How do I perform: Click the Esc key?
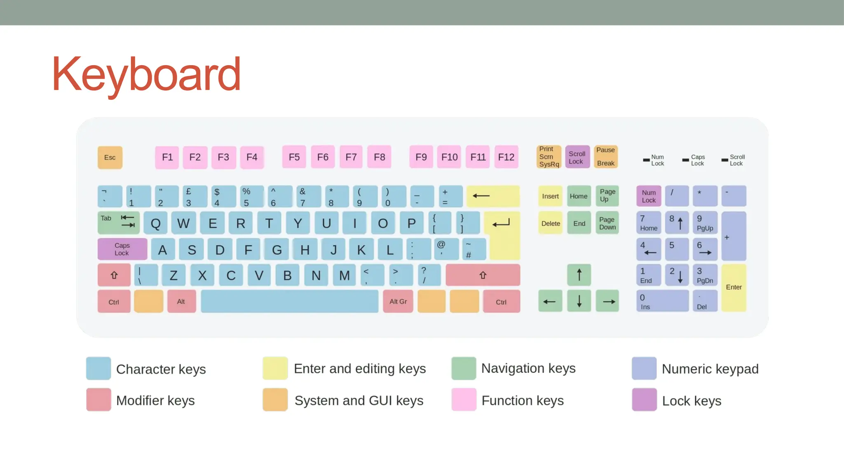[110, 158]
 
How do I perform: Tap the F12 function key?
[506, 157]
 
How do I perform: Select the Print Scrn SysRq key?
[549, 157]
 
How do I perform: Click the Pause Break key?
[605, 157]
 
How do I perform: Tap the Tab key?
[119, 223]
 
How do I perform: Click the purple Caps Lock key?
[122, 249]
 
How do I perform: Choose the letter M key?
[345, 275]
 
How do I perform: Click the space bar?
[289, 301]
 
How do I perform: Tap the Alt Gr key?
[398, 301]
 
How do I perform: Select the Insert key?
[550, 196]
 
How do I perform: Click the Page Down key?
[607, 223]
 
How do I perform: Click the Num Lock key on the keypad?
[649, 196]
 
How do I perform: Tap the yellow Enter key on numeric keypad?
[734, 287]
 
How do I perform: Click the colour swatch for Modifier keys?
[98, 400]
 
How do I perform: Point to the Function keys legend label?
[523, 400]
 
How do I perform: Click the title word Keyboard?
[146, 75]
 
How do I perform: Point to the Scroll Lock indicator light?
[724, 160]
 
